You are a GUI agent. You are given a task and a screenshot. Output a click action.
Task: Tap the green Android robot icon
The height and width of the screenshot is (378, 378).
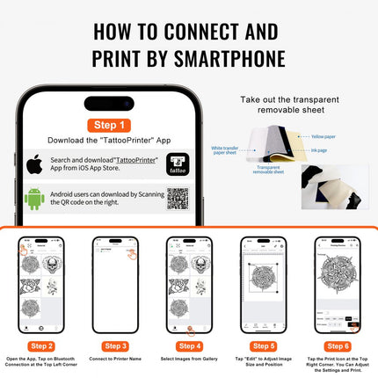35,199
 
